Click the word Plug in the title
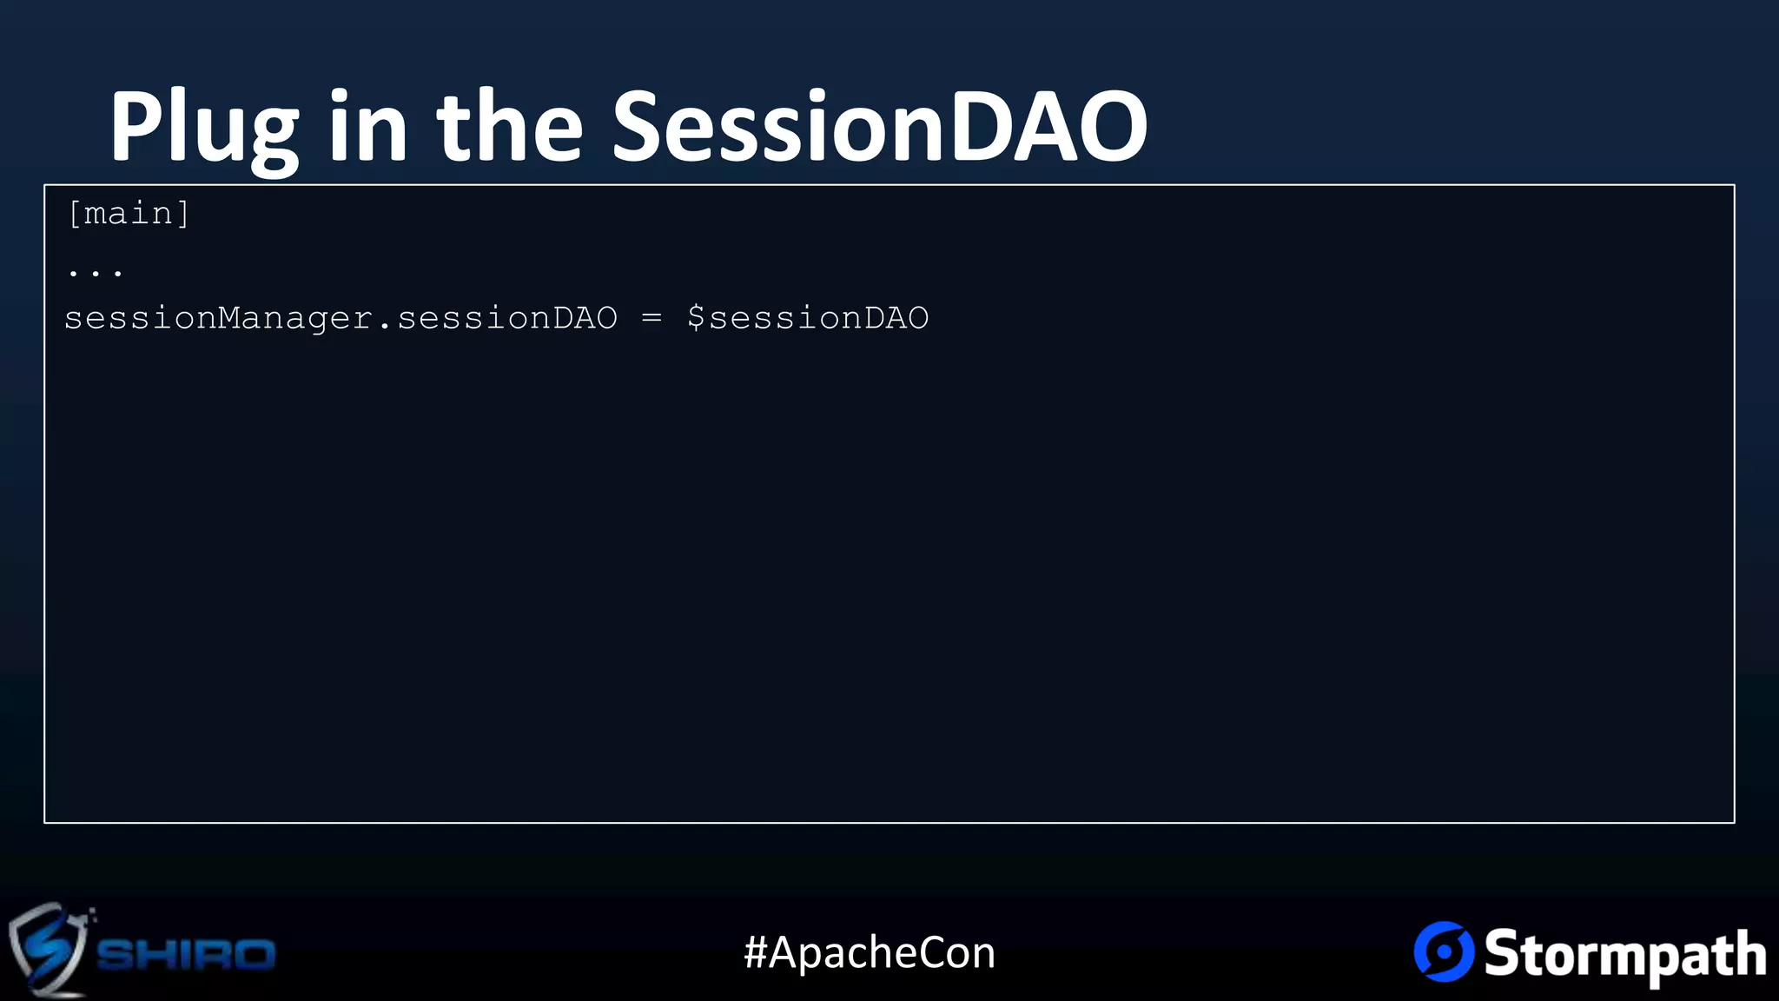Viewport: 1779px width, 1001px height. point(203,128)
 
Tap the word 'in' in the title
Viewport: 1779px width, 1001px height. point(367,128)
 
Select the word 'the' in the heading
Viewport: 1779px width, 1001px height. point(510,128)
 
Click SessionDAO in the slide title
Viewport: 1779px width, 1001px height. point(879,128)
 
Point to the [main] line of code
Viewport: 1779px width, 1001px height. point(129,214)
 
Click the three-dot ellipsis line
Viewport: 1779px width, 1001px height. point(96,272)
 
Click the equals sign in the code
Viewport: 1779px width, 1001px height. point(651,318)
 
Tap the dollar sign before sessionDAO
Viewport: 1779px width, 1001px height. point(696,318)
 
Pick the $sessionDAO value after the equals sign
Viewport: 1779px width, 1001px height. point(808,318)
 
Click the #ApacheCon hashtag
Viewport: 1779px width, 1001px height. point(870,952)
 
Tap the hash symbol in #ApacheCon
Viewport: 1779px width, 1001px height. point(756,952)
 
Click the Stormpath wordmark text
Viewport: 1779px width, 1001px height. point(1624,954)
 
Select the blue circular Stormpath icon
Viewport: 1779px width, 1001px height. point(1444,951)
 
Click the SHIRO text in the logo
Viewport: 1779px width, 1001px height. point(186,954)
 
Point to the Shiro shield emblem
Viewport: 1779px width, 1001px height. point(48,950)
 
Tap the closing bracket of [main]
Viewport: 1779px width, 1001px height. point(183,214)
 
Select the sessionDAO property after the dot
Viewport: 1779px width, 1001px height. point(507,318)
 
